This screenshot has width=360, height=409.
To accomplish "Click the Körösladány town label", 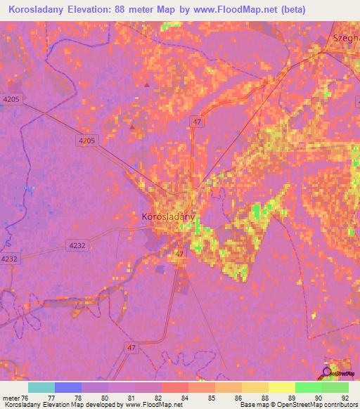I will click(168, 217).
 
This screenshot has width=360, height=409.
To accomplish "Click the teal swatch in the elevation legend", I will click(41, 387).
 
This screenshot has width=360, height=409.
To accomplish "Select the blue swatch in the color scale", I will click(68, 387).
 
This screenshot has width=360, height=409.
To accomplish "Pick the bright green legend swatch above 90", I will click(309, 387).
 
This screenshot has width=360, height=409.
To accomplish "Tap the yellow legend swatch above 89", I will click(282, 387).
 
